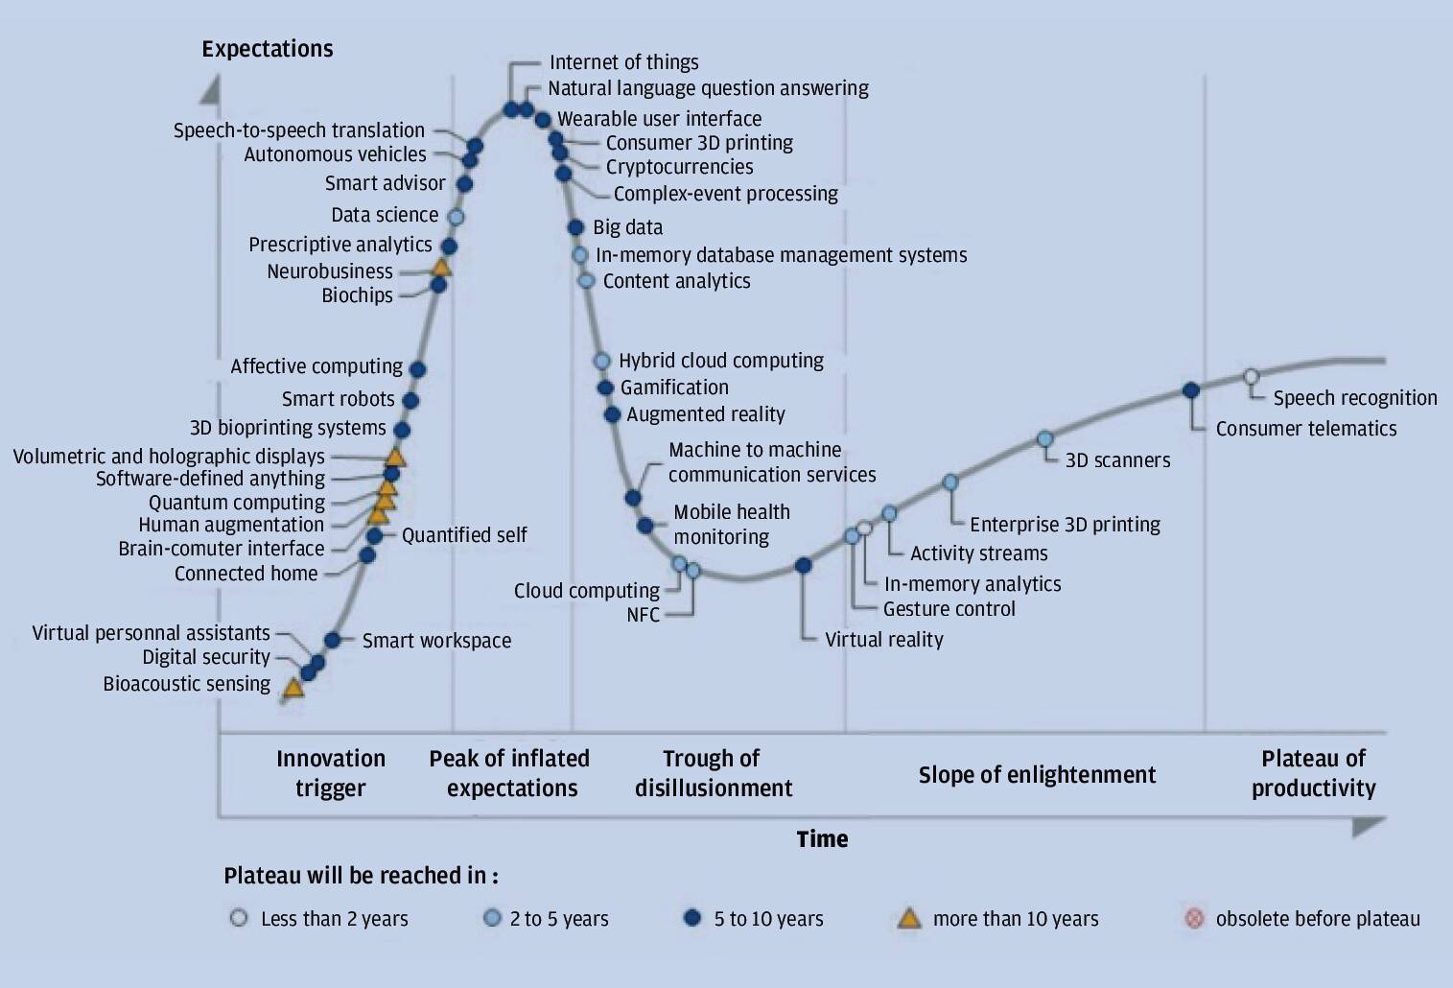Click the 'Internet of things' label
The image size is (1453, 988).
click(x=623, y=62)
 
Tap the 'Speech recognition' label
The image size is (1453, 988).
click(x=1354, y=398)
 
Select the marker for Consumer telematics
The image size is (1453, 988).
click(x=1191, y=390)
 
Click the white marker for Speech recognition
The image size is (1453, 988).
click(x=1251, y=377)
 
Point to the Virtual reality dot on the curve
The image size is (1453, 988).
click(x=804, y=566)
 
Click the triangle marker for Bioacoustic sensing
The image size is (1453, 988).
click(x=293, y=687)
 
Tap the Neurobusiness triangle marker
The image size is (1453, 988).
click(x=441, y=268)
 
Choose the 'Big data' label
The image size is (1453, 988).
click(x=627, y=227)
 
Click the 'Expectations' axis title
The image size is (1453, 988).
click(x=268, y=49)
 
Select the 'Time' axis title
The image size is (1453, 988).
click(x=822, y=839)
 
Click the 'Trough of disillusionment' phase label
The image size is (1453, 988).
click(x=714, y=773)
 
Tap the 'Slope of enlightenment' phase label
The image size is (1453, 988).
click(x=1037, y=775)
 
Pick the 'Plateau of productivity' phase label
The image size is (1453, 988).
click(x=1313, y=773)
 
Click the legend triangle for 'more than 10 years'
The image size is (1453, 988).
click(x=908, y=919)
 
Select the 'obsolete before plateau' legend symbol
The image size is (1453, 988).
click(x=1194, y=919)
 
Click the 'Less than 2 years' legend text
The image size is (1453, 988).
click(x=334, y=919)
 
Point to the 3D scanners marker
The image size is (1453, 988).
click(x=1045, y=439)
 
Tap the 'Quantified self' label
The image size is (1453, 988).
click(x=464, y=535)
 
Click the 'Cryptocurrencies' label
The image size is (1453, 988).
click(x=679, y=167)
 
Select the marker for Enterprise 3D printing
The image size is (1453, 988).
click(x=949, y=482)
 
